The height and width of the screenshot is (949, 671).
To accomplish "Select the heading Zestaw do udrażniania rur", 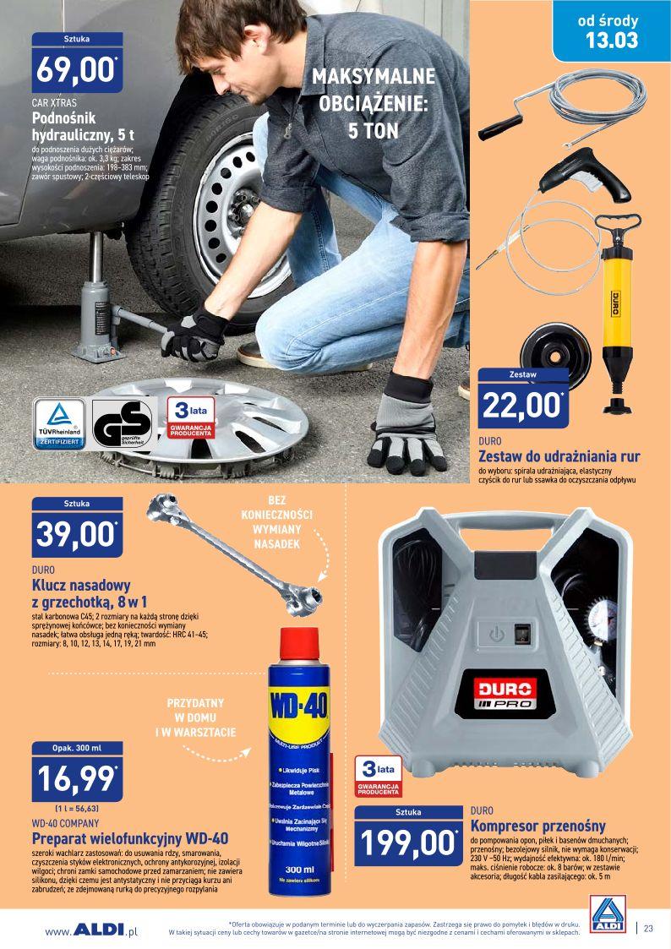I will tap(559, 456).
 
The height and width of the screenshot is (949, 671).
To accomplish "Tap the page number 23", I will tap(648, 928).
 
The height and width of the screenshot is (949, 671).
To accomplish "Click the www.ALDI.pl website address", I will tap(91, 930).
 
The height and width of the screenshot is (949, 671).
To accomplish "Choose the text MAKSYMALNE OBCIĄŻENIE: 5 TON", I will tap(373, 104).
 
